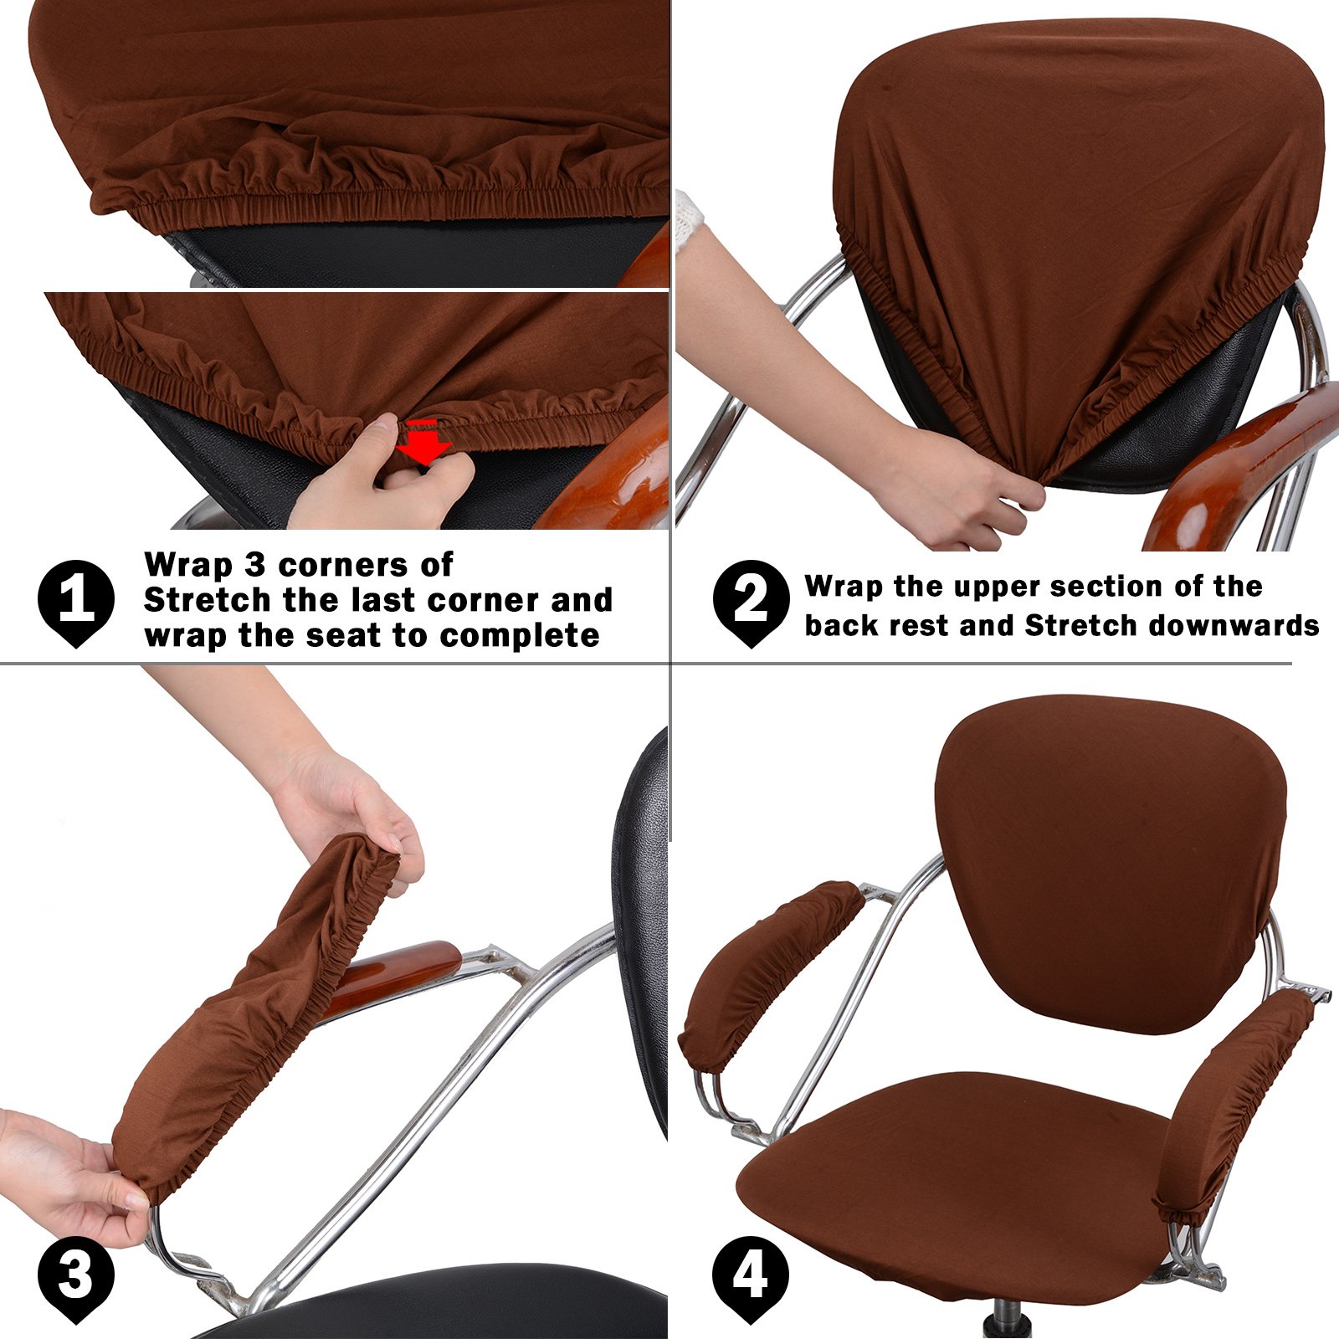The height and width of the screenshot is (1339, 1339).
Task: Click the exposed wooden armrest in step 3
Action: point(393,975)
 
